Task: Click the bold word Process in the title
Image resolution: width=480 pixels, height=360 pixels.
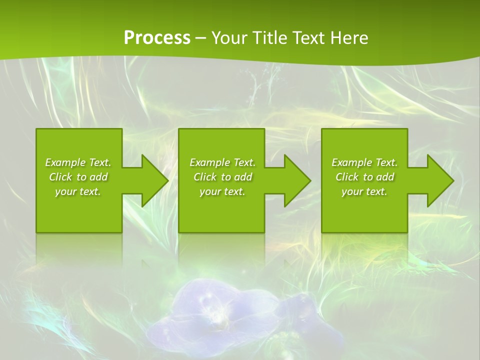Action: point(157,37)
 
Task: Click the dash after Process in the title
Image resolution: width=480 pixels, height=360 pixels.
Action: point(200,38)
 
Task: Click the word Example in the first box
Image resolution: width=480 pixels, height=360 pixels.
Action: point(65,162)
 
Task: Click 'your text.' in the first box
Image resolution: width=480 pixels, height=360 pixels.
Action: point(78,191)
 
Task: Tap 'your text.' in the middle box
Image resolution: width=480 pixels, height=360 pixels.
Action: point(222,191)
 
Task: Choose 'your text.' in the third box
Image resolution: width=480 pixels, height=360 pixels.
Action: point(364,191)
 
